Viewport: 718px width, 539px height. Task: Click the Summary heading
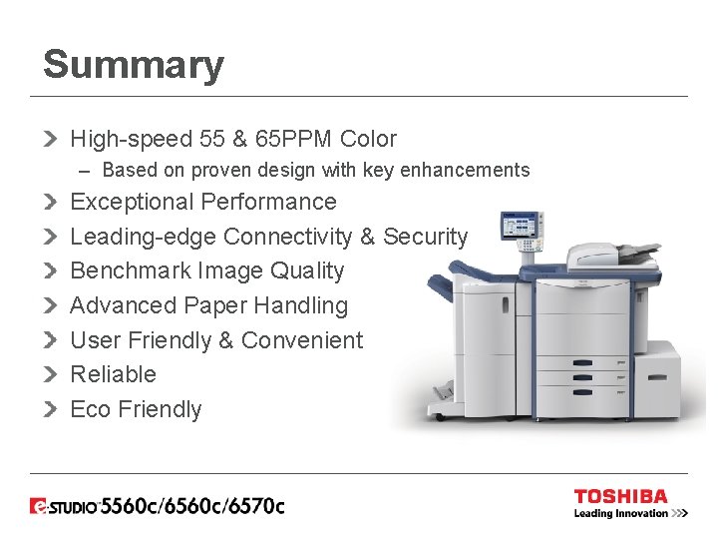click(x=134, y=66)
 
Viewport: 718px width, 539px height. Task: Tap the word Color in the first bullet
click(x=368, y=140)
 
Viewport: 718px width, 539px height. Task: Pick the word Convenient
click(x=302, y=340)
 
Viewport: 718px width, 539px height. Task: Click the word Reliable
click(x=114, y=374)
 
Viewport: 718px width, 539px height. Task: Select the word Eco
click(x=90, y=409)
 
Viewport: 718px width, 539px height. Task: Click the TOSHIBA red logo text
click(x=620, y=496)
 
